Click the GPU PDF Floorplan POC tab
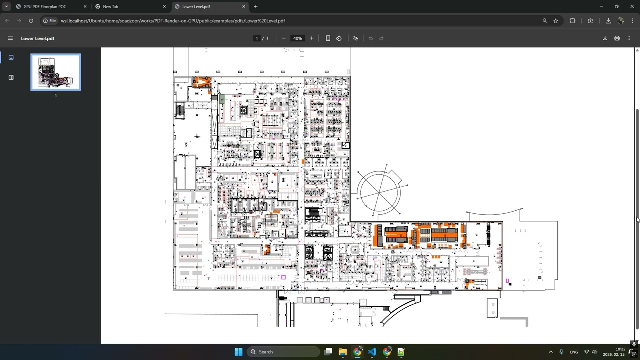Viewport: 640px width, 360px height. point(45,7)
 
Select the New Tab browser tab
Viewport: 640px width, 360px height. point(111,7)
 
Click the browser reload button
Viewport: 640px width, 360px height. point(31,21)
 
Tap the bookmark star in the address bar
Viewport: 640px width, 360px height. point(555,21)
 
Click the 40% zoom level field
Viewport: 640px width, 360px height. point(297,38)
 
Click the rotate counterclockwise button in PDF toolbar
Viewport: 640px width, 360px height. point(339,38)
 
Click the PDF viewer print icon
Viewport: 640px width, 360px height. point(617,38)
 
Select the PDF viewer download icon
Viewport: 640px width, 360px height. point(605,38)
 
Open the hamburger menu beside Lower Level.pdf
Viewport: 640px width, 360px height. point(10,38)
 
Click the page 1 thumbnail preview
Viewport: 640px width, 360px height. point(56,72)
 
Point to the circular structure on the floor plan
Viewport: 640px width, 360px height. point(379,191)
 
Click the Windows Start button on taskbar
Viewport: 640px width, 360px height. point(238,352)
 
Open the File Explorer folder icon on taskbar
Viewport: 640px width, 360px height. point(343,352)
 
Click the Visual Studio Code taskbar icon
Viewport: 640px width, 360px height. point(372,352)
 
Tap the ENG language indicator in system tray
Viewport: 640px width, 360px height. point(574,352)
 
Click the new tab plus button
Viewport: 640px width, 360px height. point(256,7)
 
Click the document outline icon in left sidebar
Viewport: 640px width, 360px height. point(11,77)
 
